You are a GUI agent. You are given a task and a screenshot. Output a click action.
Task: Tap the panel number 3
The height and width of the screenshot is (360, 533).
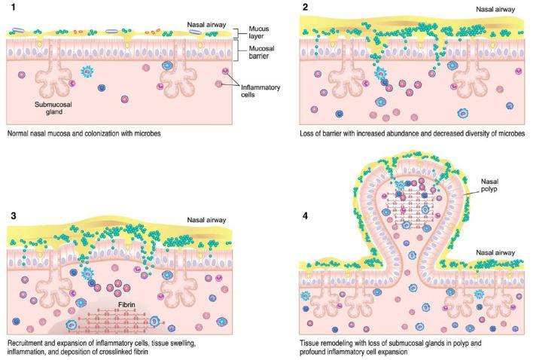pos(11,216)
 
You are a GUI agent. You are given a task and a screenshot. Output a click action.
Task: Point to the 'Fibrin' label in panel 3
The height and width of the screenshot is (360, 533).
pos(127,305)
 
